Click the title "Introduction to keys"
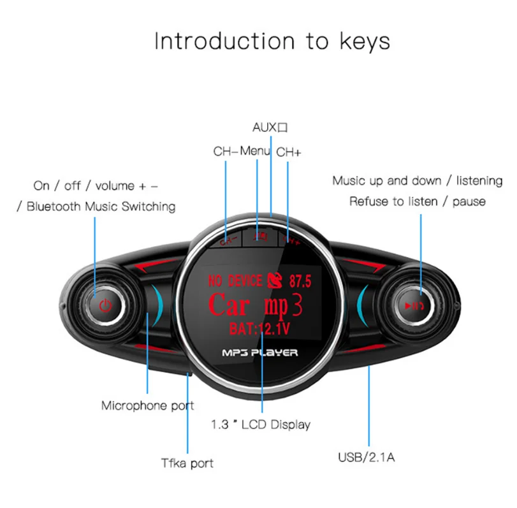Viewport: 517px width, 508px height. point(272,41)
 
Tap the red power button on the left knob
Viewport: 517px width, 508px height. point(106,305)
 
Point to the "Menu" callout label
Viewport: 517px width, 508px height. point(256,152)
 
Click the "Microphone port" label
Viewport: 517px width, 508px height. point(147,405)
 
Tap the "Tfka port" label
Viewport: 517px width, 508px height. point(187,463)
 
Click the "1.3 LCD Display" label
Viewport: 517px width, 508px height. point(261,424)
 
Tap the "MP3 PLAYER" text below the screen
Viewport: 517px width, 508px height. point(259,352)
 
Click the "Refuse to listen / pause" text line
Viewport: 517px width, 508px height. point(417,201)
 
